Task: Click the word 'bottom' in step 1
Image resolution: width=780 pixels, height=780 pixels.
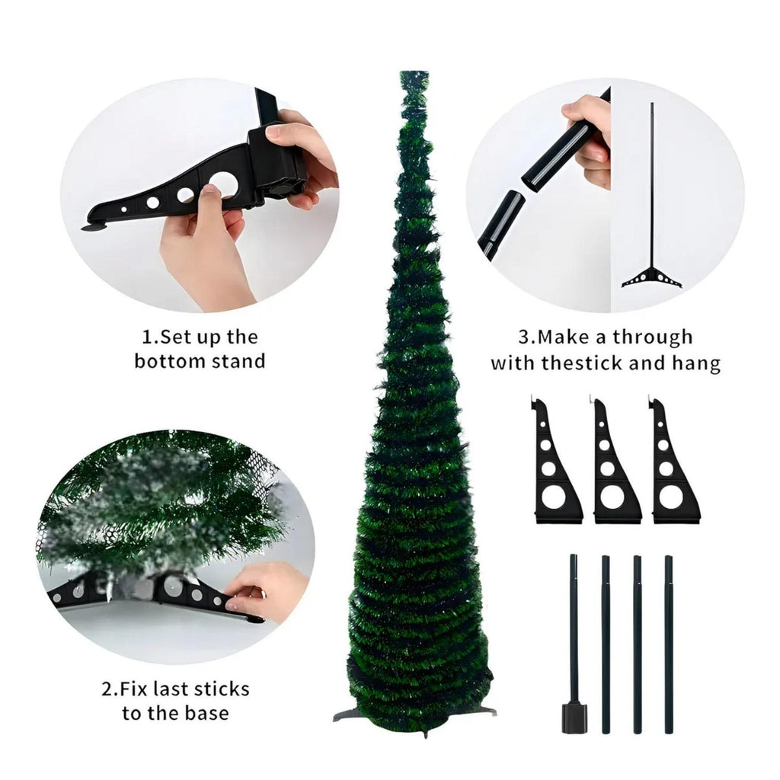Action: click(170, 360)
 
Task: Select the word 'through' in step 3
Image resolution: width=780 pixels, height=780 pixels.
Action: click(653, 337)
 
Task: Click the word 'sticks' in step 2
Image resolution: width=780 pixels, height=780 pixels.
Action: click(221, 689)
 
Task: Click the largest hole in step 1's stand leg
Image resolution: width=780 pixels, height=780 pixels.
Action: click(223, 182)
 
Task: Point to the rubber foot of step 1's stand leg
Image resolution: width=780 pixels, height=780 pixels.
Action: click(94, 228)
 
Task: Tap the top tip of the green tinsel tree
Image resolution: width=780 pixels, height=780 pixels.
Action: click(414, 73)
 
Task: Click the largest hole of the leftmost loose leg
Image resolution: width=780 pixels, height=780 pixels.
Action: click(553, 498)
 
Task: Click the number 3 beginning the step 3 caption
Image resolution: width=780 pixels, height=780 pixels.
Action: click(524, 337)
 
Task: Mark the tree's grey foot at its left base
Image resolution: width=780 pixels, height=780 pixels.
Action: click(344, 714)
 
